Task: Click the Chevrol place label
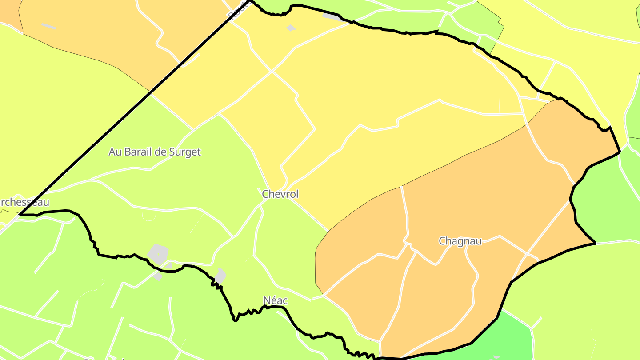(x=280, y=194)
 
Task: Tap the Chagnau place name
(x=460, y=241)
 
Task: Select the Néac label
(x=275, y=301)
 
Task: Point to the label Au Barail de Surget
(x=155, y=152)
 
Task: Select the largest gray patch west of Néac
(x=158, y=253)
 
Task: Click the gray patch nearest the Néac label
(x=220, y=276)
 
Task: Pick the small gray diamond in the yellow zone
(x=291, y=28)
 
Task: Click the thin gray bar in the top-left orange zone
(x=49, y=26)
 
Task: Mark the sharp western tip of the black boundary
(x=20, y=215)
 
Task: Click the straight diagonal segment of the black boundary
(x=133, y=108)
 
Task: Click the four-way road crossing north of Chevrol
(x=272, y=71)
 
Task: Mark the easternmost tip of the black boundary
(x=620, y=152)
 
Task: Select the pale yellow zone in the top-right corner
(x=578, y=18)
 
